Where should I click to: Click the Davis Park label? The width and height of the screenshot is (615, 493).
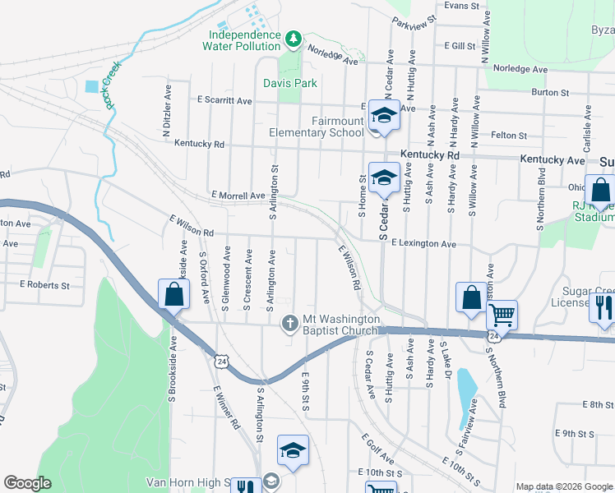tap(290, 83)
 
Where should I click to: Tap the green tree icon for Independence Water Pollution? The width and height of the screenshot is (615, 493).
tap(292, 38)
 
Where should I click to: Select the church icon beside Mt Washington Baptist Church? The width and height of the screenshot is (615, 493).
tap(289, 324)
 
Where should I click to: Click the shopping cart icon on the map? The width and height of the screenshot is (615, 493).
tap(502, 314)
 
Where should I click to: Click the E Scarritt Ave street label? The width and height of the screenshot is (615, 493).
tap(225, 99)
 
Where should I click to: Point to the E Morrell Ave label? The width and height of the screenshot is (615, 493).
tap(238, 196)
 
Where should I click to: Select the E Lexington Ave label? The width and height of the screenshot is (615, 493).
tap(423, 244)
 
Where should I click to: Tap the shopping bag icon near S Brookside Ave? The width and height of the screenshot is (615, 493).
tap(173, 294)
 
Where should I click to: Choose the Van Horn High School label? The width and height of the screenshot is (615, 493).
tap(186, 482)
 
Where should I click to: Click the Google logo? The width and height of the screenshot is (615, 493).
tap(27, 483)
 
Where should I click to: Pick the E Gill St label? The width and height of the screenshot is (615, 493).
tap(460, 46)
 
